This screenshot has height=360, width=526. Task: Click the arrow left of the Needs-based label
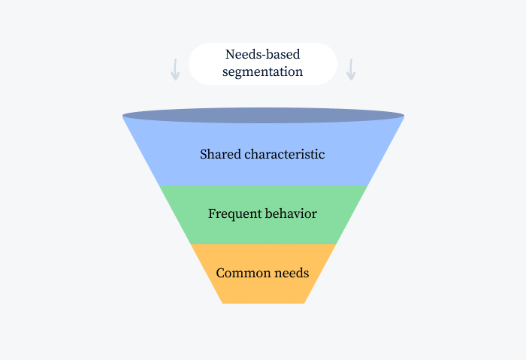[x=175, y=69]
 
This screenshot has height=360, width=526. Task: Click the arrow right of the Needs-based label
[x=350, y=69]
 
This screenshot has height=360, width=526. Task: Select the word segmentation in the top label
[x=262, y=72]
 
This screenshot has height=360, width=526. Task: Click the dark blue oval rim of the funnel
[x=263, y=116]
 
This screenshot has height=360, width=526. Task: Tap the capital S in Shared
[x=204, y=154]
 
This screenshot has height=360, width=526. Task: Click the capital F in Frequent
[x=211, y=213]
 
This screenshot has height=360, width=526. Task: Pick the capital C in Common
[x=220, y=273]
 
